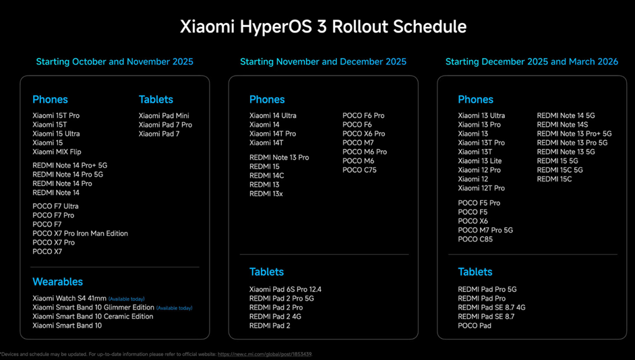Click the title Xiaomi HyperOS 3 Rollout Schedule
[x=323, y=27]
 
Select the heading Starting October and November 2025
[x=115, y=62]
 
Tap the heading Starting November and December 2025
[x=323, y=62]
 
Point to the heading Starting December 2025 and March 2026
[x=531, y=62]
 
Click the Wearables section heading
[x=57, y=282]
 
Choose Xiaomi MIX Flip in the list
[x=57, y=152]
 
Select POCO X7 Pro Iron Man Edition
[x=80, y=233]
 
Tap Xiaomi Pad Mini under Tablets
[x=164, y=116]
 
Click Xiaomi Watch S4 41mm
[x=69, y=299]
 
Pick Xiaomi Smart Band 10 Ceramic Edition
[x=93, y=317]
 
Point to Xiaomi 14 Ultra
[x=272, y=116]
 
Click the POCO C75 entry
[x=359, y=171]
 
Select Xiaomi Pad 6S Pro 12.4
[x=285, y=290]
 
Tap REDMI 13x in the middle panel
[x=266, y=194]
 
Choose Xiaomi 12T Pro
[x=481, y=188]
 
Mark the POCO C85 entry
[x=475, y=239]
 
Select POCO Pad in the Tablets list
[x=475, y=326]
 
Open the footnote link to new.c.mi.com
[x=264, y=354]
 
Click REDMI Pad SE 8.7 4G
[x=491, y=307]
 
